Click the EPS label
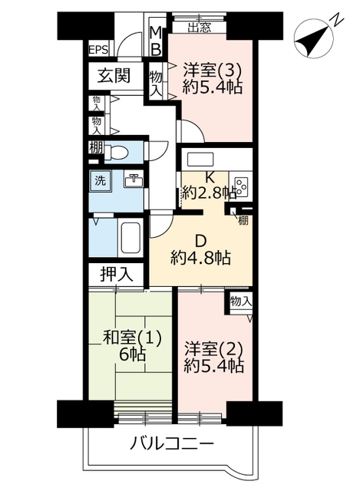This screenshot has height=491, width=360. tap(98, 49)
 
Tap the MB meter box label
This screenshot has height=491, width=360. tap(156, 41)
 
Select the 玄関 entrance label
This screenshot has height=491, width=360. tap(114, 75)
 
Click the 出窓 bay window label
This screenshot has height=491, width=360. tap(200, 28)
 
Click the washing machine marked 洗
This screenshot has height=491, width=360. tap(101, 181)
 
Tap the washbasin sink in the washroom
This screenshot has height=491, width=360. tap(134, 180)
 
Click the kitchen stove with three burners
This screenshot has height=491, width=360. tap(240, 186)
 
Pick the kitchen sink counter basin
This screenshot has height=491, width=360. tap(200, 160)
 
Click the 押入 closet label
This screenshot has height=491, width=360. tap(116, 275)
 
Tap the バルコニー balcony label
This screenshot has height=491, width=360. tap(172, 443)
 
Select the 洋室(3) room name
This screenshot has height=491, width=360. tap(213, 71)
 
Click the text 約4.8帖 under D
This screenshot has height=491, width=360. tap(200, 258)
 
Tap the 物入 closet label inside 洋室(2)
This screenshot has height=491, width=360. tap(240, 302)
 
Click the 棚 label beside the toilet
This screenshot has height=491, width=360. tap(96, 148)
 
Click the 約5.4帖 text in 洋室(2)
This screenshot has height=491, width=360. tap(213, 365)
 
